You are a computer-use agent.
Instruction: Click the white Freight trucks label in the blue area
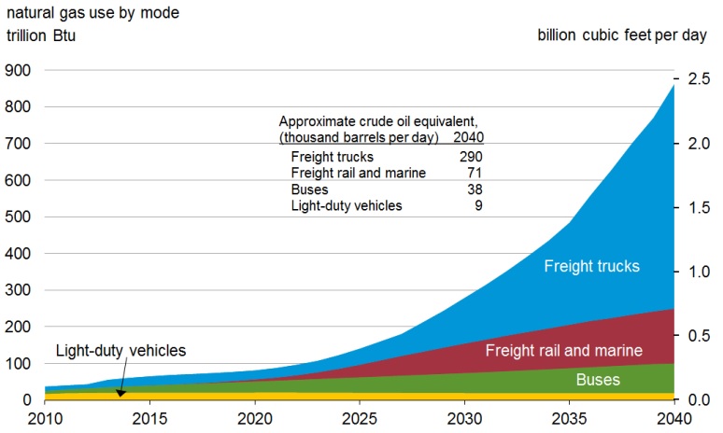click(592, 266)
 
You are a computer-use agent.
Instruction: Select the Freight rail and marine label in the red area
click(563, 351)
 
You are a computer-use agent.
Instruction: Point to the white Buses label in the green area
click(597, 381)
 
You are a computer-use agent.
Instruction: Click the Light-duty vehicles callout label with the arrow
click(121, 351)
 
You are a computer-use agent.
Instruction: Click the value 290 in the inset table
click(471, 157)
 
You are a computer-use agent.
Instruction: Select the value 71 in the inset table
click(475, 173)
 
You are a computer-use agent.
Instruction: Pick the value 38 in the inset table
click(475, 189)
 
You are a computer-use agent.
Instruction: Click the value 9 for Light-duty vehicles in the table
click(478, 205)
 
